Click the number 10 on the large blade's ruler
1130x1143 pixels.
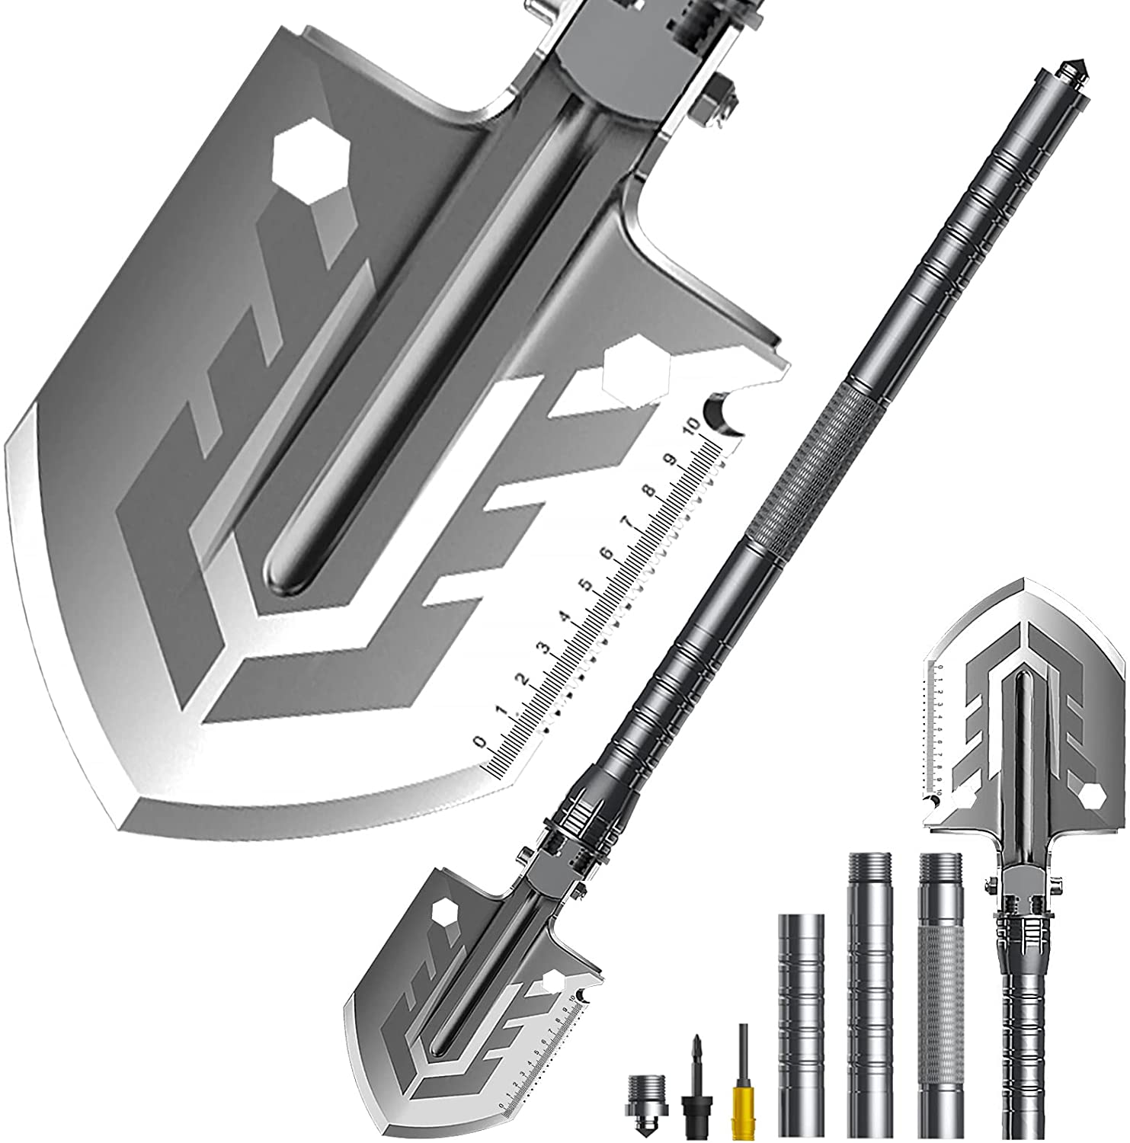[x=692, y=424]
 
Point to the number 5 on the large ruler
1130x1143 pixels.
[x=585, y=586]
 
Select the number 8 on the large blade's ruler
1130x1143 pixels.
[x=649, y=491]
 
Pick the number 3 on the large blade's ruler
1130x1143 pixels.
[x=544, y=648]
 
